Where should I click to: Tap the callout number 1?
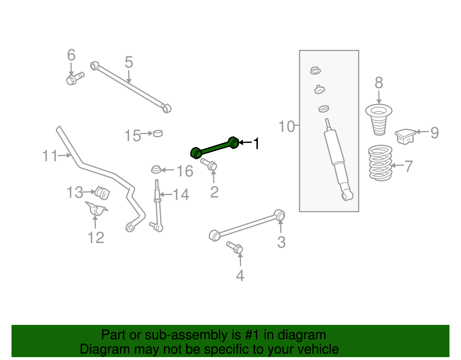click(256, 143)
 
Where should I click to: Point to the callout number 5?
click(129, 62)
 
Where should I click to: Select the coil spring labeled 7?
click(380, 163)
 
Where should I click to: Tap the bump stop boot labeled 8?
click(379, 120)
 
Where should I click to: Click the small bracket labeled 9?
click(405, 136)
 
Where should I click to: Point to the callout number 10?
click(286, 127)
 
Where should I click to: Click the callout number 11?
click(50, 156)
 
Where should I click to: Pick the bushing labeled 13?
click(103, 193)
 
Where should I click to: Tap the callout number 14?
click(181, 195)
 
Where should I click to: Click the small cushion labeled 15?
click(158, 133)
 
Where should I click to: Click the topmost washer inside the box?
click(315, 70)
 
